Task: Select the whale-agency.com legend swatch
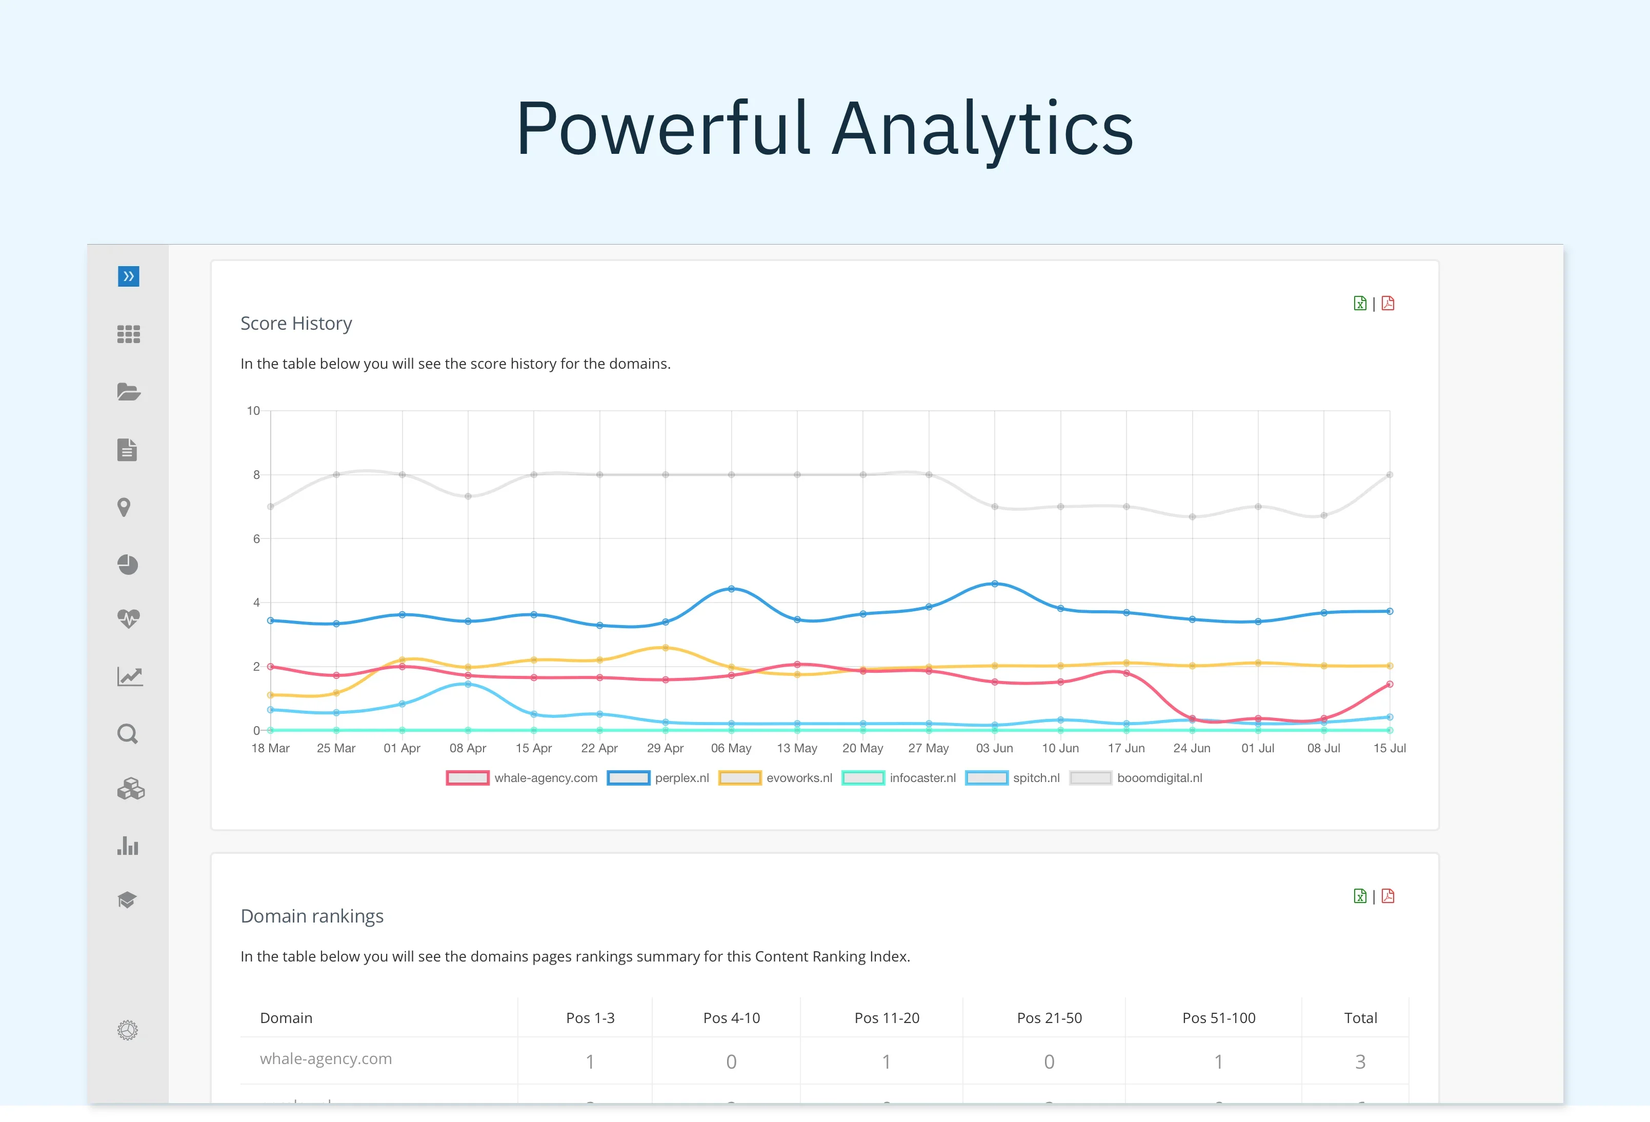(x=467, y=777)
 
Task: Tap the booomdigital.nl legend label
(x=1159, y=777)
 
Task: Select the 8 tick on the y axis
(x=256, y=474)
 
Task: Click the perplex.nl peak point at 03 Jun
(x=994, y=584)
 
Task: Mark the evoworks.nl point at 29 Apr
(x=665, y=648)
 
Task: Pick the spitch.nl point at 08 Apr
(x=468, y=684)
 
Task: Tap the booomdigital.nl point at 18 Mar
(x=271, y=506)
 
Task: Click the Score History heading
(x=296, y=323)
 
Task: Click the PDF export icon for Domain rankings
(x=1388, y=896)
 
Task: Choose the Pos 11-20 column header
(x=887, y=1017)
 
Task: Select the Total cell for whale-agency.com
(x=1360, y=1061)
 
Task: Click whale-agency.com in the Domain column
(x=326, y=1059)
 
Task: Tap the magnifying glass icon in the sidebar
(x=128, y=734)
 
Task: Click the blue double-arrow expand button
(x=129, y=276)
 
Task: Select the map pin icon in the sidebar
(x=124, y=507)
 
